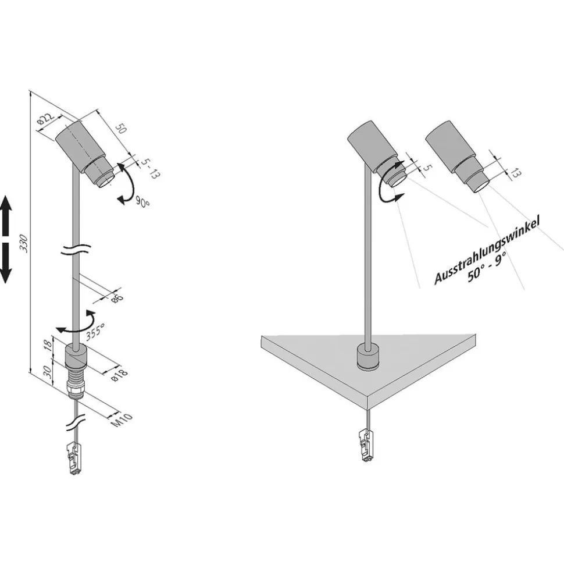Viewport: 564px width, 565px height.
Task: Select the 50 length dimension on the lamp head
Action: (120, 129)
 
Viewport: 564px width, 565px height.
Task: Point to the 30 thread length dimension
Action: (49, 370)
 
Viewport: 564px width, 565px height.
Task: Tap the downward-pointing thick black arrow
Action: (5, 264)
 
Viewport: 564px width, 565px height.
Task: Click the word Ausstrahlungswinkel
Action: (487, 250)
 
